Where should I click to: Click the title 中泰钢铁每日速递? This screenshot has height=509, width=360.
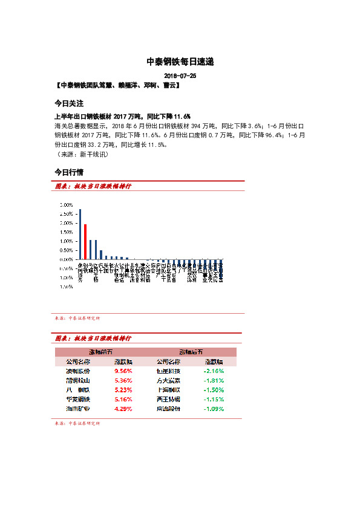tap(180, 62)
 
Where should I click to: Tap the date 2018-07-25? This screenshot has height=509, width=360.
tap(180, 76)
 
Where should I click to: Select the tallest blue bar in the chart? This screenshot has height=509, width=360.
tap(80, 234)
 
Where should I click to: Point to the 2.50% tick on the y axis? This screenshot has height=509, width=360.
tap(67, 214)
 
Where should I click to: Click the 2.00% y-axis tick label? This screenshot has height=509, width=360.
tap(67, 223)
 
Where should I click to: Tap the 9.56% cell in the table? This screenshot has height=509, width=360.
tap(123, 371)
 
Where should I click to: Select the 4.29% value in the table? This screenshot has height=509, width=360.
tap(123, 409)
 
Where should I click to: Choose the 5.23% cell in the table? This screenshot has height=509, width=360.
tap(123, 390)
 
